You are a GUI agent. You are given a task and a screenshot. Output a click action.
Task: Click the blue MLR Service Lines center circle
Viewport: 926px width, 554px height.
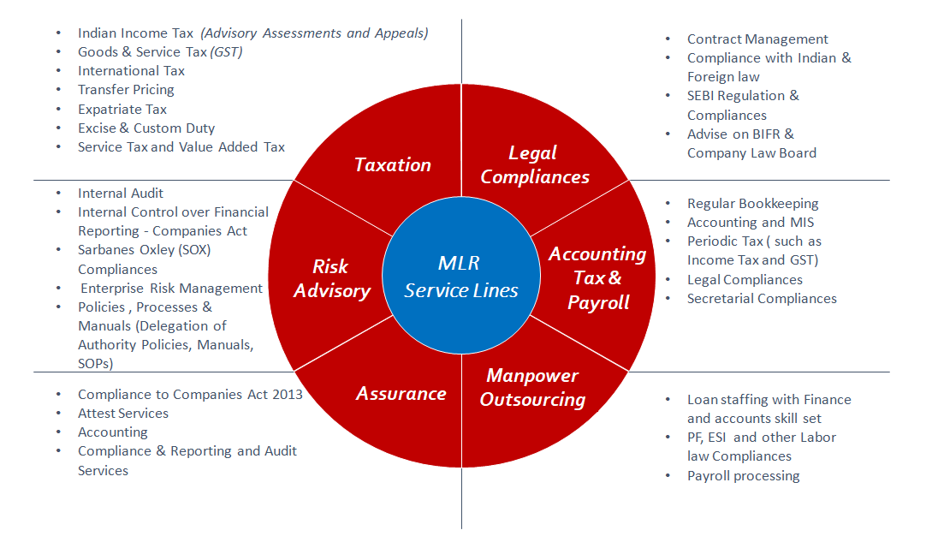click(461, 277)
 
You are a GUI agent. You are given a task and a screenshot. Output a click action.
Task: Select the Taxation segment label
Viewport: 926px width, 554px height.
click(393, 164)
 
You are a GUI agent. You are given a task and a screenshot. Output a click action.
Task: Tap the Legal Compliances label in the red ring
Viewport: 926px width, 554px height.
click(535, 164)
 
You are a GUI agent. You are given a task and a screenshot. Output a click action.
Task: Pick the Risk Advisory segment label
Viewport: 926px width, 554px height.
click(332, 278)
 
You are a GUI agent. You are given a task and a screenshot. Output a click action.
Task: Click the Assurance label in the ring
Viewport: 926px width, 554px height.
click(401, 393)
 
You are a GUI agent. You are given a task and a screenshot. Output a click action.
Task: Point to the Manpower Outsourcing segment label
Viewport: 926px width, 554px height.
click(532, 387)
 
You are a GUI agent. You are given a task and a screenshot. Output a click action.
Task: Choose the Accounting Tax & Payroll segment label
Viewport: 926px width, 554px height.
click(597, 277)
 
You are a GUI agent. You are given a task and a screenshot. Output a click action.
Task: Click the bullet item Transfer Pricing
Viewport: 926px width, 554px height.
click(126, 90)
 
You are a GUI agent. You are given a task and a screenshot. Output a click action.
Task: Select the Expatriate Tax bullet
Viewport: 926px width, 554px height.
click(122, 110)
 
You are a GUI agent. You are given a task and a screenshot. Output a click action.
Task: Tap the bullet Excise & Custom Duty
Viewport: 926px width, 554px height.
click(146, 128)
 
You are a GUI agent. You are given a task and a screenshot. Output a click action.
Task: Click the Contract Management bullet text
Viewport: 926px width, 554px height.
click(757, 39)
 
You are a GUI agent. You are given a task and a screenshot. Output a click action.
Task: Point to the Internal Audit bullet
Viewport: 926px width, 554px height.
click(121, 194)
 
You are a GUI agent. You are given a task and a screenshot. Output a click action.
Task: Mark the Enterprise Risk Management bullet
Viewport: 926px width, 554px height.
click(171, 289)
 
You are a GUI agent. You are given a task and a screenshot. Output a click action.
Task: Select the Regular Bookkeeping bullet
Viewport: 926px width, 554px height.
click(753, 204)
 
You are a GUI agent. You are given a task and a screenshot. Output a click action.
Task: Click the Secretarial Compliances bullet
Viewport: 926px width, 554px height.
click(762, 299)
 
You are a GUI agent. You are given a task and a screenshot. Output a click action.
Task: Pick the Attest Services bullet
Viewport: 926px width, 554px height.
click(123, 414)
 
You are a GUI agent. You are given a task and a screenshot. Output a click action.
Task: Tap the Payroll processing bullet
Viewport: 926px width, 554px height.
click(743, 476)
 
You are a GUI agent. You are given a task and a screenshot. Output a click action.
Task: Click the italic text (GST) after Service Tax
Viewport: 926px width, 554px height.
click(227, 52)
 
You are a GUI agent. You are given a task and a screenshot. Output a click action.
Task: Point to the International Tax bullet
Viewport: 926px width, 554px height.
click(131, 71)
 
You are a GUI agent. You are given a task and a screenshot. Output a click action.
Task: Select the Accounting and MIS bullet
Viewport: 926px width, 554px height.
click(751, 223)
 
